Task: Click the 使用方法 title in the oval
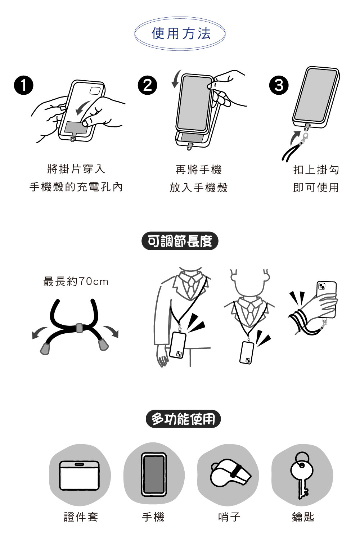[181, 33]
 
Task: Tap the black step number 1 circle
[24, 85]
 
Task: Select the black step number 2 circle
[148, 85]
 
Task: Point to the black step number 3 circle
[279, 85]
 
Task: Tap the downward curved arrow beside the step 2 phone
[176, 79]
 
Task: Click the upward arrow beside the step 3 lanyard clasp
[295, 137]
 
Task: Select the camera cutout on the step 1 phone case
[95, 91]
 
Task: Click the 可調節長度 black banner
[180, 241]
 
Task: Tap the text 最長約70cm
[76, 281]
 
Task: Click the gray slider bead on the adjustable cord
[79, 328]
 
